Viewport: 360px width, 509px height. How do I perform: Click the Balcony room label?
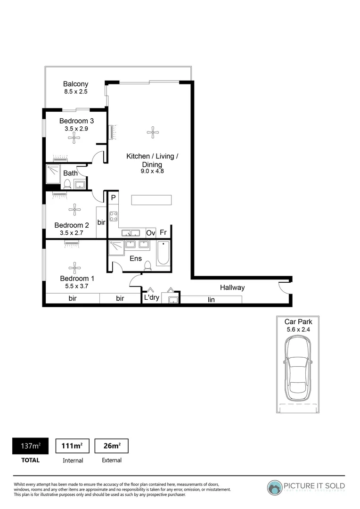point(76,84)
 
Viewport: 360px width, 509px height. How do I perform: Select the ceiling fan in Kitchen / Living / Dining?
point(152,132)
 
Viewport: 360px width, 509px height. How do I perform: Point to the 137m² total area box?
point(30,446)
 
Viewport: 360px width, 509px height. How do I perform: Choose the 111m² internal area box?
point(73,446)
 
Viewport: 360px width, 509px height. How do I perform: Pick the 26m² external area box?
point(112,446)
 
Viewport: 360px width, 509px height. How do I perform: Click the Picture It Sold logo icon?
point(275,487)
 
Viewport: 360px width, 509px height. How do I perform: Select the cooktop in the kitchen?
point(114,216)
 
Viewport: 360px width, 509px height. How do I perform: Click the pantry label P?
point(114,198)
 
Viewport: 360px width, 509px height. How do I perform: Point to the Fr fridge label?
point(163,233)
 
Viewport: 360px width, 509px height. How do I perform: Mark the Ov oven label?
point(151,233)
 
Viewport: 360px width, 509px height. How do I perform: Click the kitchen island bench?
point(151,200)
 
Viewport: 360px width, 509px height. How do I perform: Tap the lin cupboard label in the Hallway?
point(211,299)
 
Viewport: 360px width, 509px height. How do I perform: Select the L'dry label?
point(151,298)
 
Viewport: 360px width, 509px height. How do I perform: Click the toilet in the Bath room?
point(67,184)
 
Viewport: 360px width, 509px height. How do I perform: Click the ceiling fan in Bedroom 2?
point(74,210)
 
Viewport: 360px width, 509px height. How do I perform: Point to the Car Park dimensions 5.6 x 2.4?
point(298,329)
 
